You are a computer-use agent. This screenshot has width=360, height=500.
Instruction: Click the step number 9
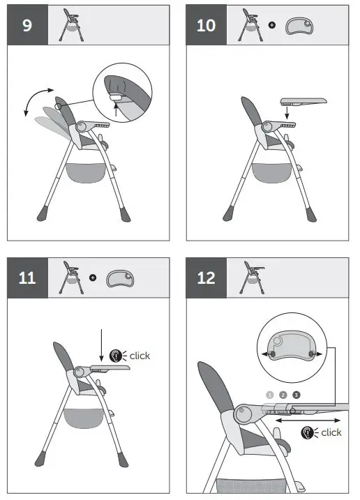27,26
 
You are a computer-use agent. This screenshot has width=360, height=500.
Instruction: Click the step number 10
207,26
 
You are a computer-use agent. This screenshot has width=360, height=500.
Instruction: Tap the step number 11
27,278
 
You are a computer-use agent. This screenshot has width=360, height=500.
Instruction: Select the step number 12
207,278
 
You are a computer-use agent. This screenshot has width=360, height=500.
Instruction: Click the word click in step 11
140,356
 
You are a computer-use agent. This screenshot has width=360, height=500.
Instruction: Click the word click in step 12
331,432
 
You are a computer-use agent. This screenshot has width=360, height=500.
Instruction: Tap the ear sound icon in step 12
308,432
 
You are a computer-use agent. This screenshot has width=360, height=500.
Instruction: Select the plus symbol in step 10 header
271,26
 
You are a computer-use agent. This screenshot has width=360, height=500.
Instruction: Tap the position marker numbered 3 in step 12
297,395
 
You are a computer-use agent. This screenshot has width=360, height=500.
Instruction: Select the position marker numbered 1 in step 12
270,395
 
